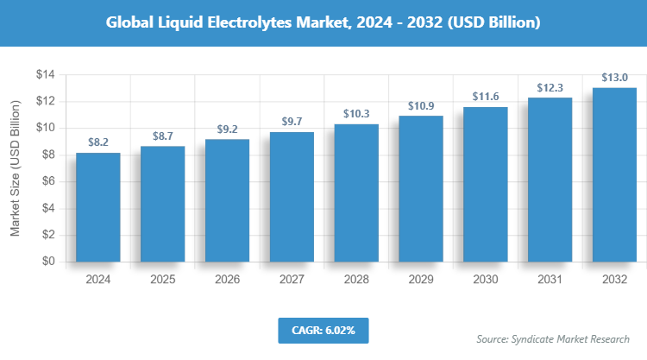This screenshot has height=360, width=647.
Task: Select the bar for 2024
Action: (97, 207)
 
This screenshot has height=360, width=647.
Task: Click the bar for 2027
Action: (292, 197)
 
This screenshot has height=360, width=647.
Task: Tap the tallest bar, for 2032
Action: (615, 174)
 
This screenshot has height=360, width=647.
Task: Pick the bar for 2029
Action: (421, 188)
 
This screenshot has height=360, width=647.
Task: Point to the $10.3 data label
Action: (356, 114)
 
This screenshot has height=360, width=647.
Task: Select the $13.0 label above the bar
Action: (615, 78)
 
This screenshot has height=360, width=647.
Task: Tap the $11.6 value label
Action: (486, 97)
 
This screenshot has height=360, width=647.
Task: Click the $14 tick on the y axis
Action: (45, 75)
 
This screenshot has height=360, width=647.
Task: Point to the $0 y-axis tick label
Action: (48, 262)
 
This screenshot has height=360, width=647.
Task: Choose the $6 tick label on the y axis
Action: (48, 181)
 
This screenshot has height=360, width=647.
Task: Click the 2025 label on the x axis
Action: (162, 280)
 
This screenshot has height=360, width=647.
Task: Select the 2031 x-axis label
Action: (550, 280)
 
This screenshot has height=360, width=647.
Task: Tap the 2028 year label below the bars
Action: (356, 280)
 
